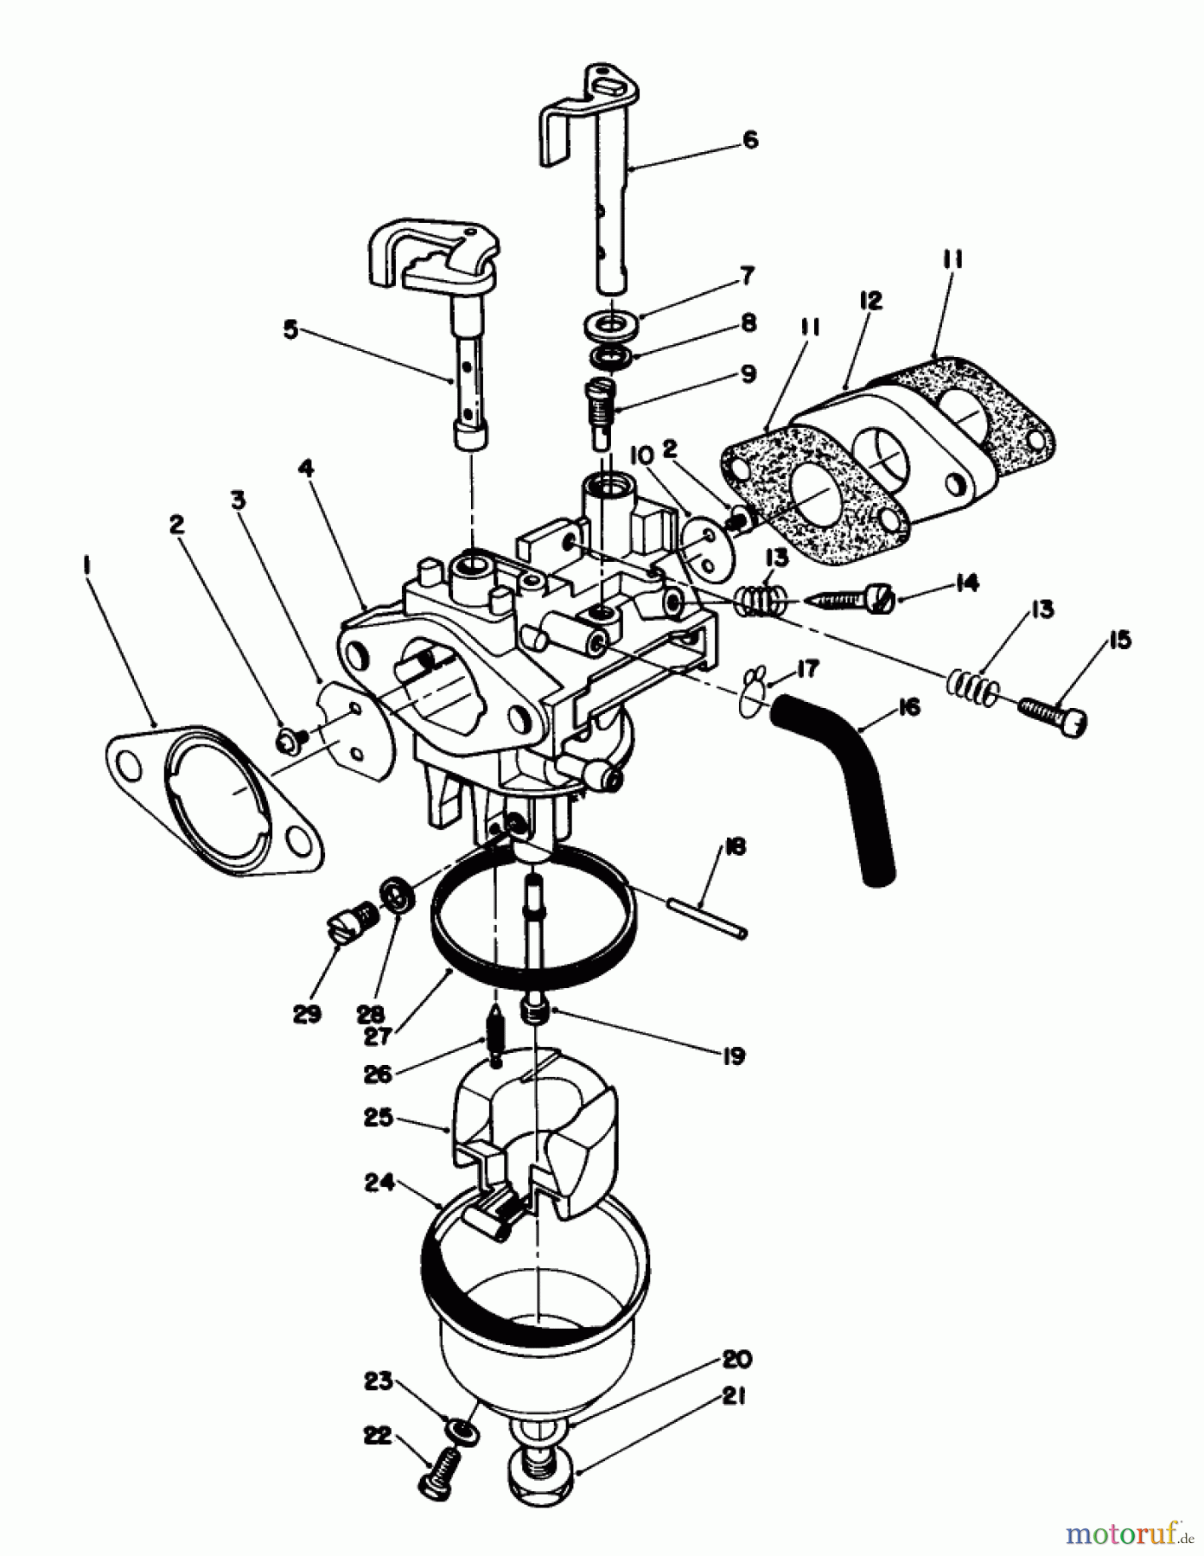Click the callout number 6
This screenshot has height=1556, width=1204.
click(750, 139)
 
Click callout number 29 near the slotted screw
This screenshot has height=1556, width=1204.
click(307, 1013)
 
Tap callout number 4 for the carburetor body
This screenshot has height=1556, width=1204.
click(305, 469)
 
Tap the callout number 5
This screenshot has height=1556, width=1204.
click(290, 331)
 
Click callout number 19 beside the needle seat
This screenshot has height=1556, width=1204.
click(733, 1056)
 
